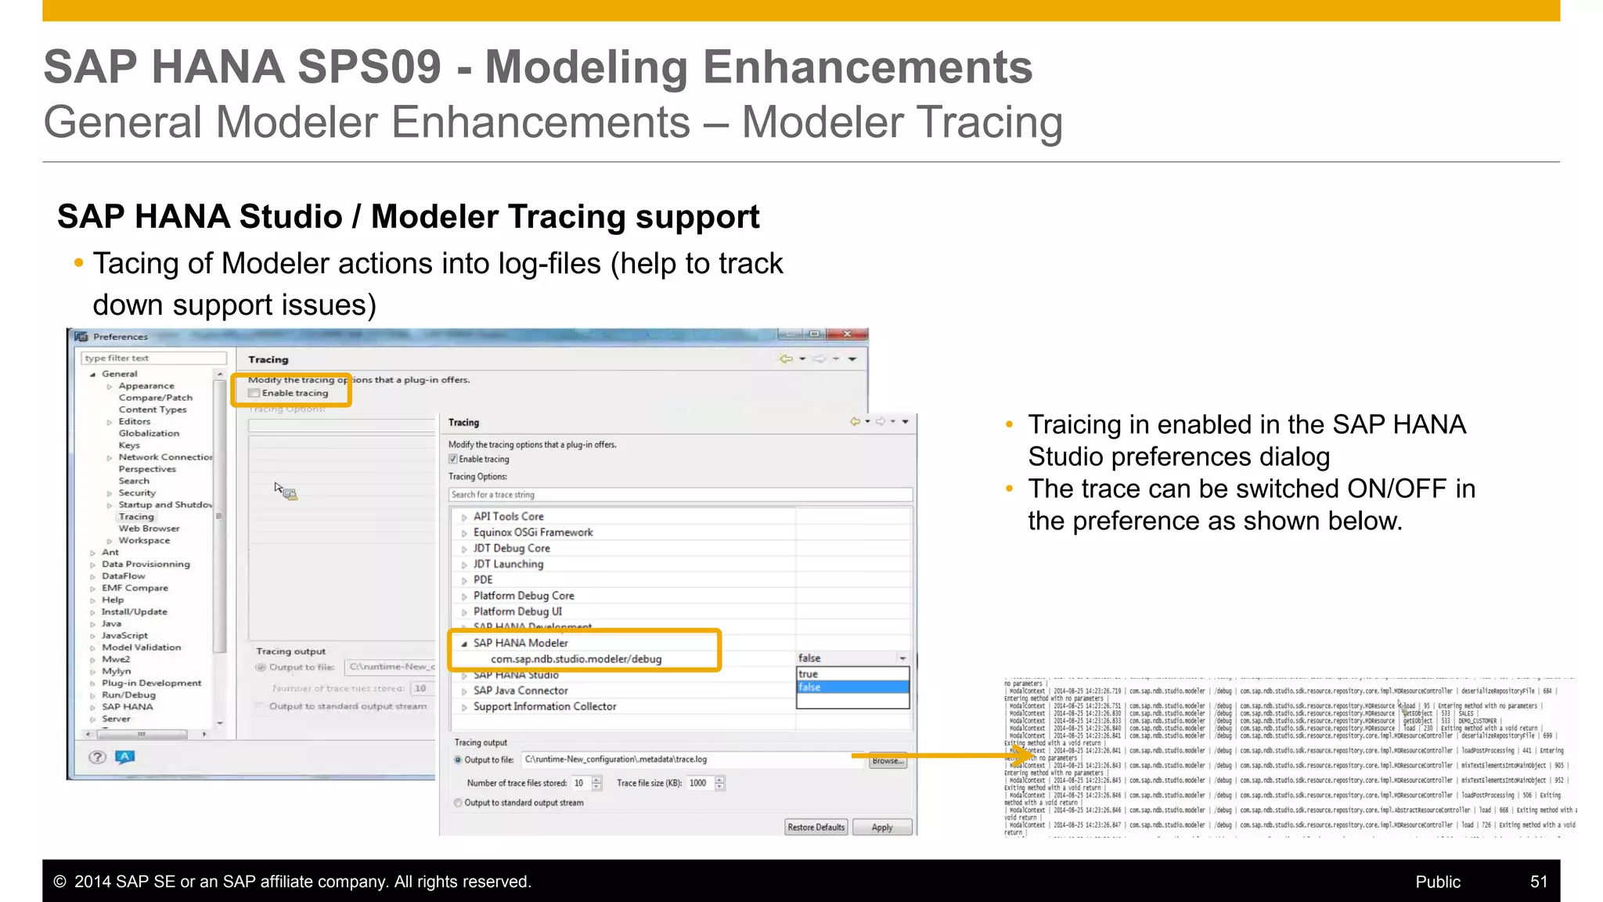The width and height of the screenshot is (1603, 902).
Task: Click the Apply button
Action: (x=881, y=828)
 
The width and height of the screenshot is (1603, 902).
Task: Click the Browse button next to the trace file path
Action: (x=888, y=761)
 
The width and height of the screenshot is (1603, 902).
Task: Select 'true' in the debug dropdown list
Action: (x=809, y=674)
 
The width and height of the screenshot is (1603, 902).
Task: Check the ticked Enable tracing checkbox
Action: (x=453, y=460)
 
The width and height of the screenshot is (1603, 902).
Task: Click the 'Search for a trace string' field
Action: (x=679, y=495)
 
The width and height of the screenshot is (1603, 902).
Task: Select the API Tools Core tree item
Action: (x=508, y=517)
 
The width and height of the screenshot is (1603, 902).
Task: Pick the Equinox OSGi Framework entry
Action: (x=533, y=532)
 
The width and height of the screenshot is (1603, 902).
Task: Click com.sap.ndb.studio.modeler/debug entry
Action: (x=576, y=659)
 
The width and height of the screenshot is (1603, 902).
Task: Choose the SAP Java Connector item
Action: (x=521, y=691)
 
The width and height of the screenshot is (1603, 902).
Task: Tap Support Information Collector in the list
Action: (x=545, y=706)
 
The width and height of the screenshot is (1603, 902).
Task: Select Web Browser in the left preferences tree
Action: (x=149, y=529)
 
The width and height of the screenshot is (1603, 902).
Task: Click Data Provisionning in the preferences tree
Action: (x=146, y=565)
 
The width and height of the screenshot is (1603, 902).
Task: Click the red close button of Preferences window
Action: (x=847, y=334)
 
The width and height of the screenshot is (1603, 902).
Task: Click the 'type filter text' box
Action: (x=153, y=359)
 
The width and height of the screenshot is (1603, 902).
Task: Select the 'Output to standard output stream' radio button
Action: (x=458, y=803)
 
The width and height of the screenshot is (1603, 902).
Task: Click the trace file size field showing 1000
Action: (x=698, y=783)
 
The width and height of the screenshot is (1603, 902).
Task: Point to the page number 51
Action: (x=1538, y=882)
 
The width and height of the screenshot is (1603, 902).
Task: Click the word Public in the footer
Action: (x=1437, y=882)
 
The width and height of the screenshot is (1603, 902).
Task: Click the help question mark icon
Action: (x=97, y=757)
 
